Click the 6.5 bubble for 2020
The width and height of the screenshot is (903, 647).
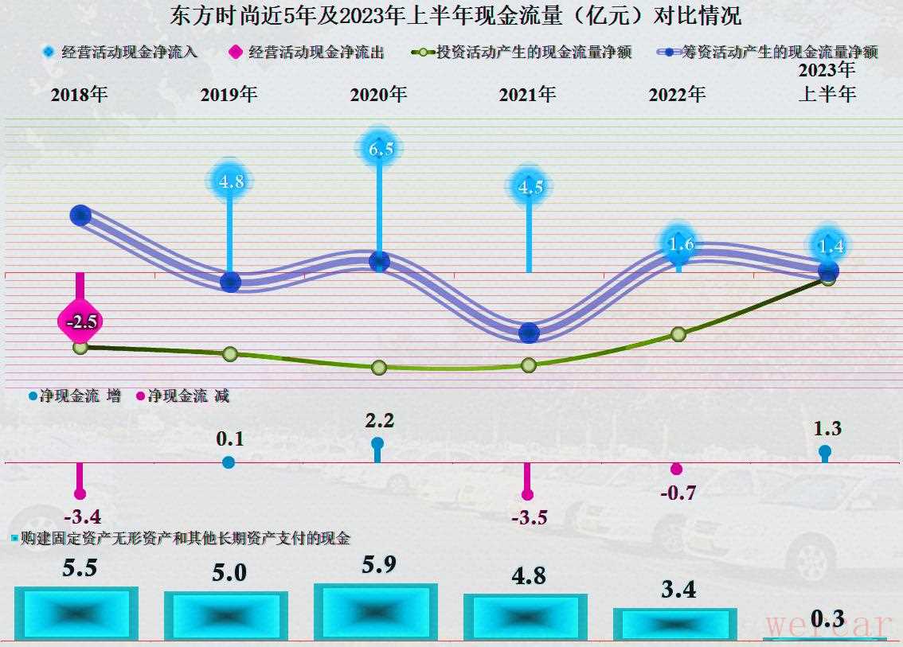coord(380,148)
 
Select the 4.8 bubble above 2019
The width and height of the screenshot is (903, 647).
coord(230,181)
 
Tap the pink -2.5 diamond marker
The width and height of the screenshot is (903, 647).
coord(81,322)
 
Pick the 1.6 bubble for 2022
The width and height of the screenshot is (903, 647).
coord(680,244)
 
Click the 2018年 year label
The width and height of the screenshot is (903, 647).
coord(79,95)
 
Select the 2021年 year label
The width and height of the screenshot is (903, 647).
coord(527,95)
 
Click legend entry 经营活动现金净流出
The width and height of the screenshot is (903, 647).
coord(307,53)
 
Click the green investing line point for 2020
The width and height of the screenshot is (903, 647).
coord(379,367)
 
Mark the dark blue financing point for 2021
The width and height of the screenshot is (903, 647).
coord(529,333)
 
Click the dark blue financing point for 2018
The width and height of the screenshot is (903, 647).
coord(80,214)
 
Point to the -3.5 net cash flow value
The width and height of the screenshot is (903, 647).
coord(528,517)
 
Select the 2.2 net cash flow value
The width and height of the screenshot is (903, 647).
coord(379,420)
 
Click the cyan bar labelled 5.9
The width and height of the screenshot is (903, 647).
coord(375,612)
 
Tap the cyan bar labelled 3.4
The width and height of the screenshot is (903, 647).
coord(674,624)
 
